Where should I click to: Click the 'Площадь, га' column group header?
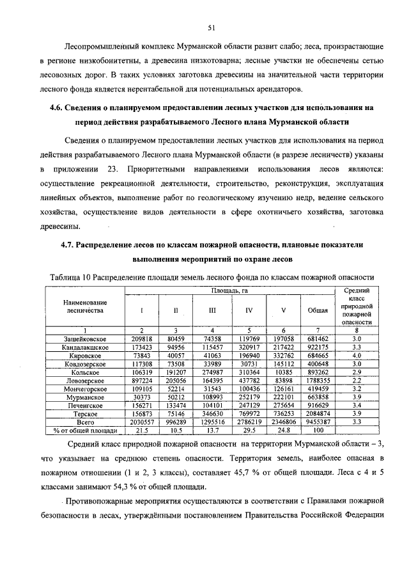pos(229,291)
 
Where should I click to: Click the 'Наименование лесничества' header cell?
pos(84,306)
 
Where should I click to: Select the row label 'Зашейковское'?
pos(84,338)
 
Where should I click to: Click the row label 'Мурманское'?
pos(84,397)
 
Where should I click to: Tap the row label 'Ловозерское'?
pos(84,380)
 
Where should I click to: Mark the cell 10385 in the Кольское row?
pos(283,372)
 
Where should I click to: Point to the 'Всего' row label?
pos(84,422)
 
